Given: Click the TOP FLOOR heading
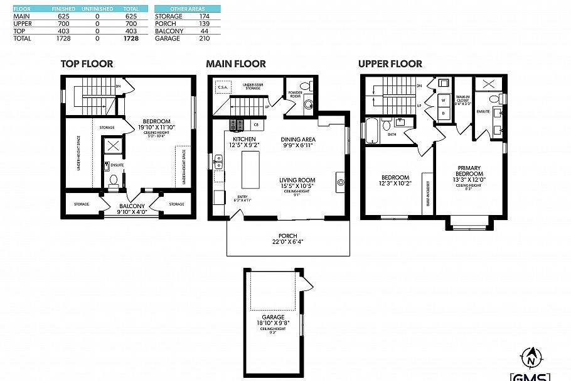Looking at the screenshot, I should coord(87,63).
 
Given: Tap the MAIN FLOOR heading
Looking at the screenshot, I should coord(236,63).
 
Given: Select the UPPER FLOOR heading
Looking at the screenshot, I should coord(390,63).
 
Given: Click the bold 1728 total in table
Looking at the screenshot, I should coord(131,38).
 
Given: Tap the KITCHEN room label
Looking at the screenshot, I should coord(244,139).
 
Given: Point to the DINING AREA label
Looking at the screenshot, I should coord(297,139).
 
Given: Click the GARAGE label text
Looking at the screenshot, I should coord(273,317).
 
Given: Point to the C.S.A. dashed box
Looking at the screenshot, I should coord(223,87).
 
